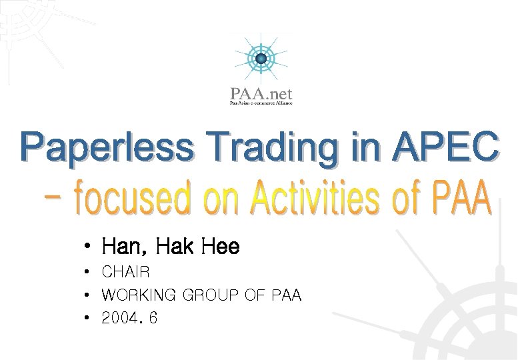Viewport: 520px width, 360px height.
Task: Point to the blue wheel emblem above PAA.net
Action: pyautogui.click(x=261, y=59)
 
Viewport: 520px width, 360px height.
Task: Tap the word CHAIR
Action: pyautogui.click(x=126, y=272)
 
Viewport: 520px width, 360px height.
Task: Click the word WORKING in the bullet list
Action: pyautogui.click(x=139, y=295)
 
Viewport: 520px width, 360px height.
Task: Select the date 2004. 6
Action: pyautogui.click(x=129, y=318)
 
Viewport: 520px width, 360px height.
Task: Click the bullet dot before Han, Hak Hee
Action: pyautogui.click(x=87, y=248)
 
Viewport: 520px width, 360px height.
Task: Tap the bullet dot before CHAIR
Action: pyautogui.click(x=87, y=273)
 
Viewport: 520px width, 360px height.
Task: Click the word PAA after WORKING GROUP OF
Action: pyautogui.click(x=287, y=295)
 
